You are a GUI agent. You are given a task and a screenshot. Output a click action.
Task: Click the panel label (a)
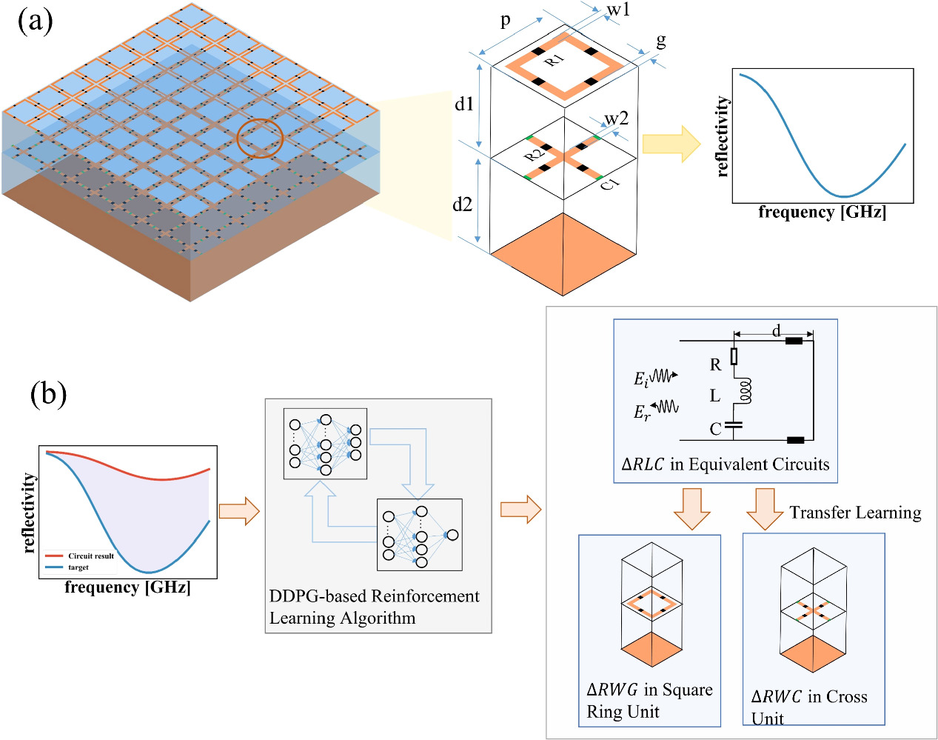pyautogui.click(x=35, y=21)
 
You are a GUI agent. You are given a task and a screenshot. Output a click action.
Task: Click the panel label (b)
pyautogui.click(x=48, y=393)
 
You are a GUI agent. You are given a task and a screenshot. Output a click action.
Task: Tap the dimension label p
pyautogui.click(x=506, y=21)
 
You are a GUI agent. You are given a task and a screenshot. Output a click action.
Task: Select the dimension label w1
pyautogui.click(x=618, y=10)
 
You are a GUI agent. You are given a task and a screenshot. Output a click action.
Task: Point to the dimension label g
pyautogui.click(x=661, y=41)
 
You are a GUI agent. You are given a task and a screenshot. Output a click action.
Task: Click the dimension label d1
pyautogui.click(x=464, y=104)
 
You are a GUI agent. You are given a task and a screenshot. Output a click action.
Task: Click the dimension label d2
pyautogui.click(x=463, y=204)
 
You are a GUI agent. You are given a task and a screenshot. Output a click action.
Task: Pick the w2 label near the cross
pyautogui.click(x=616, y=119)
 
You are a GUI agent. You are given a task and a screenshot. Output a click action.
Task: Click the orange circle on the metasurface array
pyautogui.click(x=260, y=139)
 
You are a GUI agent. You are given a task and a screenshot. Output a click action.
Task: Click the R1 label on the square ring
pyautogui.click(x=555, y=59)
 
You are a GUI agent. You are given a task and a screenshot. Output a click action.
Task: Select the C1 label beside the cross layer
pyautogui.click(x=609, y=183)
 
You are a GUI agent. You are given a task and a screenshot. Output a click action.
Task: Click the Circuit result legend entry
pyautogui.click(x=90, y=556)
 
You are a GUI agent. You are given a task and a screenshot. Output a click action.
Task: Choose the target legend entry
pyautogui.click(x=78, y=567)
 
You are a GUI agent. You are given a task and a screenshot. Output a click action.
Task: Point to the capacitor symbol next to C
pyautogui.click(x=734, y=426)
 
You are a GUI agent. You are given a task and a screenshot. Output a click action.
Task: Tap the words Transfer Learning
pyautogui.click(x=855, y=513)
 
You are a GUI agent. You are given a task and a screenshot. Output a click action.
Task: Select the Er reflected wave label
pyautogui.click(x=642, y=413)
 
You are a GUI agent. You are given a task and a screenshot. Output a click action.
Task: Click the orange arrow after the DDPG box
pyautogui.click(x=520, y=510)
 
